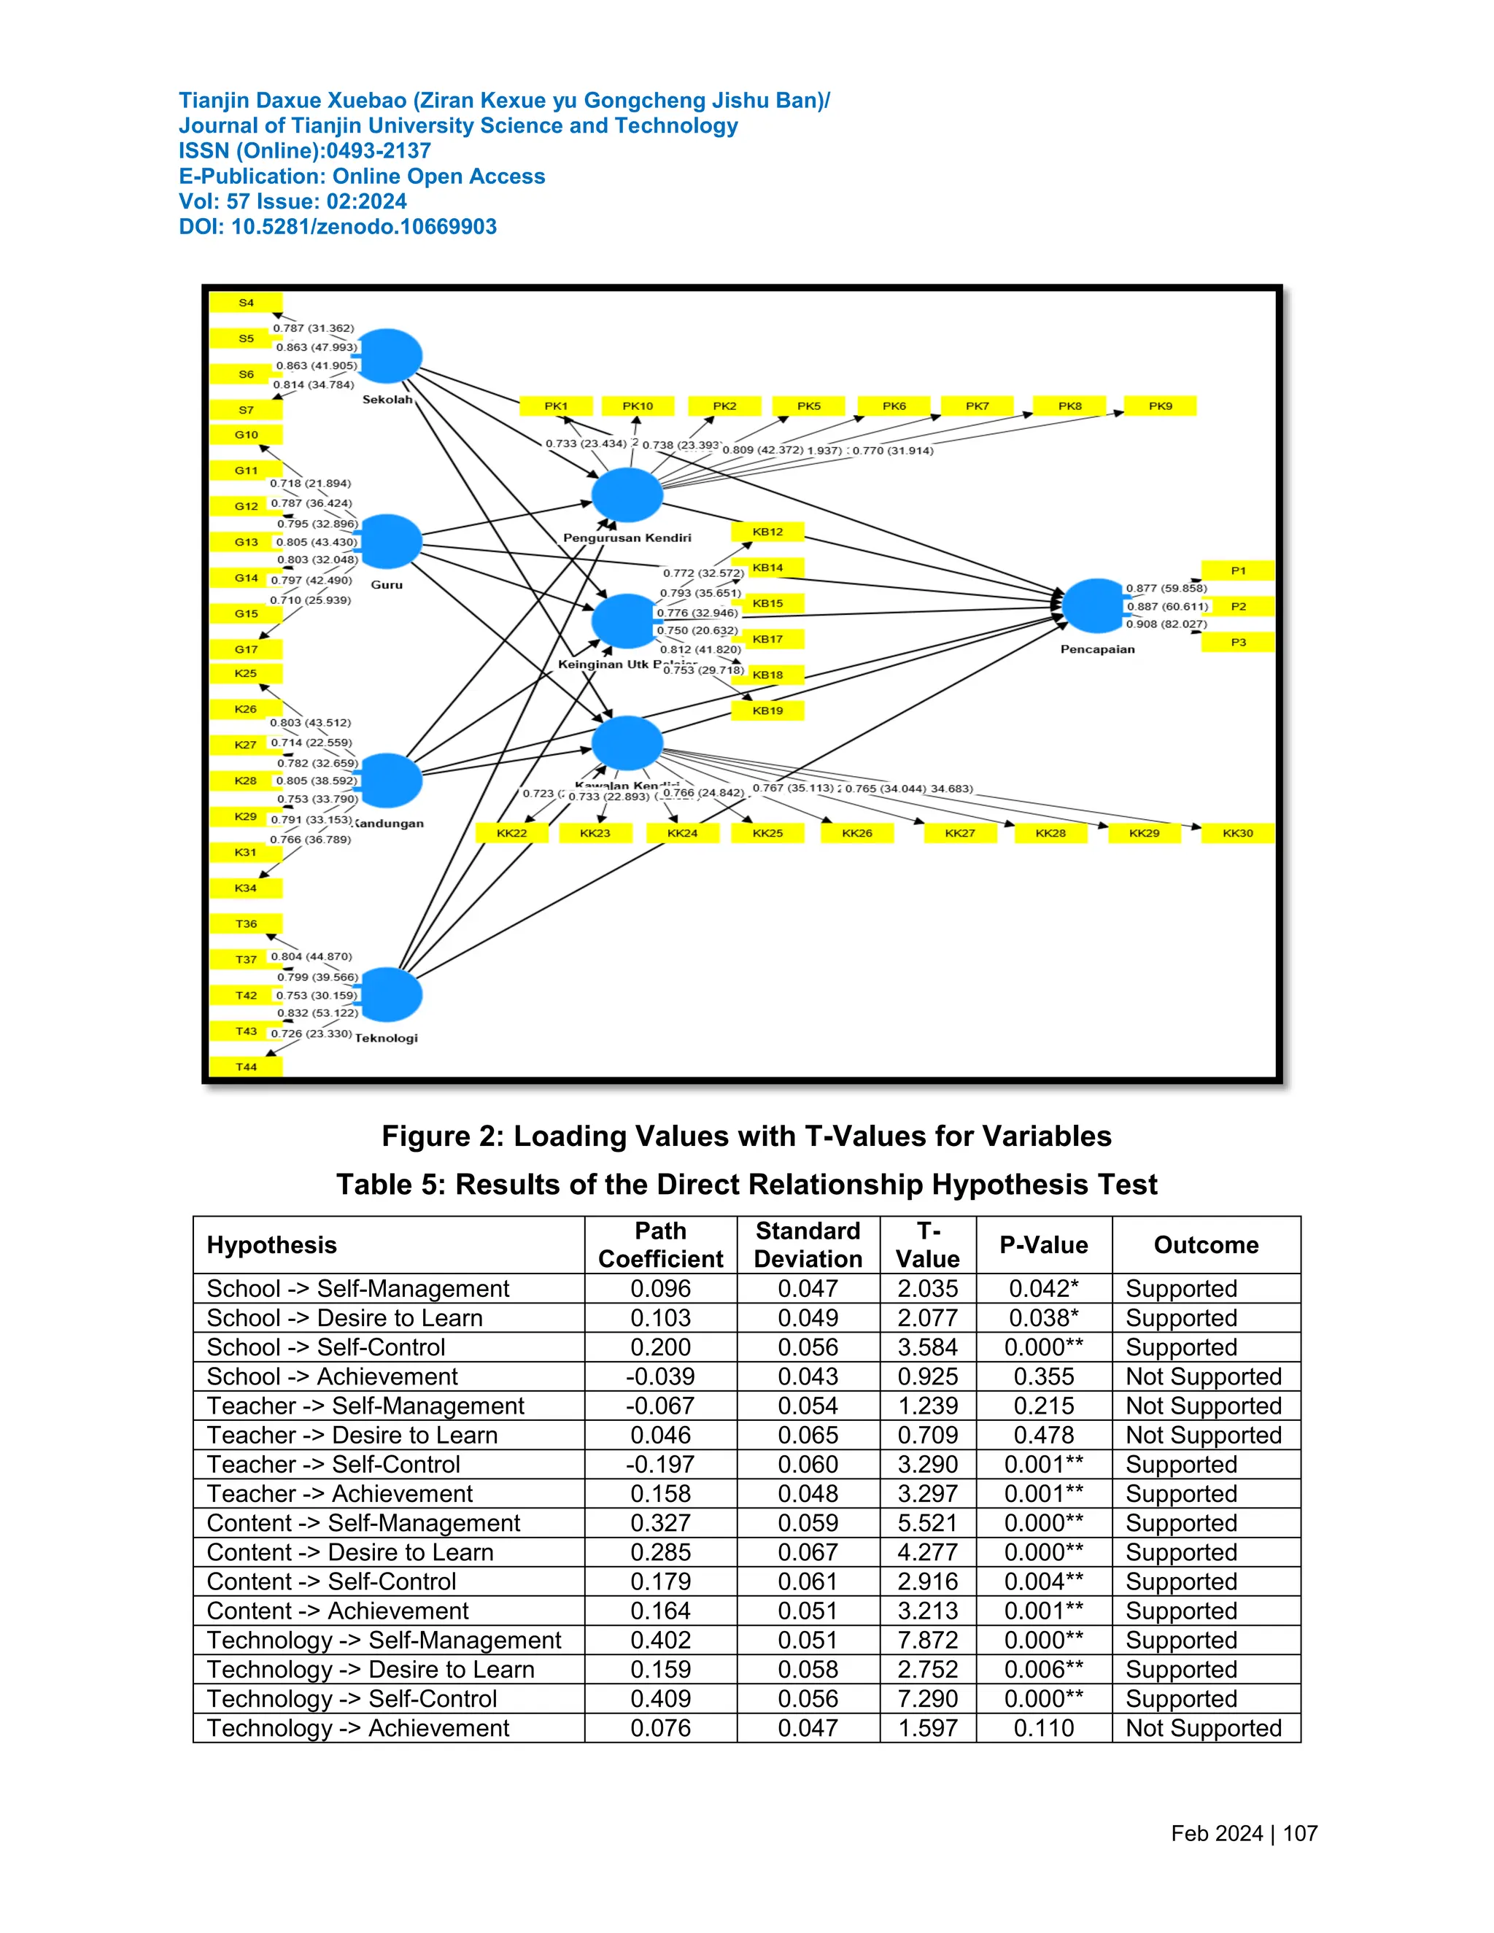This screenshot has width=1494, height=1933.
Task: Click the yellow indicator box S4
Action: [246, 303]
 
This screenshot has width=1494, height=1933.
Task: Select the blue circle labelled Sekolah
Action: [389, 356]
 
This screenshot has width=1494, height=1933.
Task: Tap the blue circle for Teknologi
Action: [389, 995]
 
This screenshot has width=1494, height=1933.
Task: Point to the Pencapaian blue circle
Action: [1096, 605]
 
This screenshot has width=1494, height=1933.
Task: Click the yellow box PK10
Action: [638, 406]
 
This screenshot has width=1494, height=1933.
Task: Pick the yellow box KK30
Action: [1237, 833]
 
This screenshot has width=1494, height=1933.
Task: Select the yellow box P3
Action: [1237, 643]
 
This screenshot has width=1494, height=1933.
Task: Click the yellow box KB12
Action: [767, 532]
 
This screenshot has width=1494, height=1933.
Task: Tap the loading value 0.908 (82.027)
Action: [1166, 624]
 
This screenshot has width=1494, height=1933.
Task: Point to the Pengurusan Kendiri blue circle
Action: [627, 495]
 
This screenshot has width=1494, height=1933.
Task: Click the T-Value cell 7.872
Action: [928, 1640]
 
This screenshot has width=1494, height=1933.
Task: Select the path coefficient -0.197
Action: [660, 1465]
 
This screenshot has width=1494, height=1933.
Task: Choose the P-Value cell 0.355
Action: [1043, 1377]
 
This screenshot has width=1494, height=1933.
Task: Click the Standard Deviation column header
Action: [808, 1245]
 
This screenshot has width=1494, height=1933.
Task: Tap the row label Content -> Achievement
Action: [337, 1611]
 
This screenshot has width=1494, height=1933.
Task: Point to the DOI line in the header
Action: [337, 227]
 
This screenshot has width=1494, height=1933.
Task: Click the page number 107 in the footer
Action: [1299, 1833]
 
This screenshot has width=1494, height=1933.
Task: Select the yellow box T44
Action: [246, 1067]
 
